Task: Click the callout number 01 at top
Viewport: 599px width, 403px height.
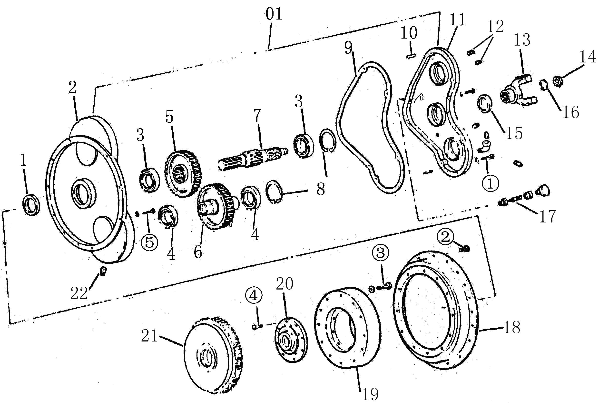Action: tap(274, 14)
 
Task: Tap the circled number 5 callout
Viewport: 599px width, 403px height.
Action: tap(149, 242)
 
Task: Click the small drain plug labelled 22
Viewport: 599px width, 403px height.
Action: tap(103, 271)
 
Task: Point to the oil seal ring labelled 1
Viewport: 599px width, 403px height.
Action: tap(32, 205)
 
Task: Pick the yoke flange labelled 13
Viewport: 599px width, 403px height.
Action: tap(518, 90)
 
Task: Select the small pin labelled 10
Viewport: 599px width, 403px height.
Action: tap(411, 56)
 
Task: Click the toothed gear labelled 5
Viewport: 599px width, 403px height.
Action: tap(183, 173)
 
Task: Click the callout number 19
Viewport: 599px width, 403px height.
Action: tap(370, 393)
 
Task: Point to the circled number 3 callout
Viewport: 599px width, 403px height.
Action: tap(380, 252)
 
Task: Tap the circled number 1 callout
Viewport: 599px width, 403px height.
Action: tap(490, 183)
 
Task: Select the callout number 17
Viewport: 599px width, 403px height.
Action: tap(547, 216)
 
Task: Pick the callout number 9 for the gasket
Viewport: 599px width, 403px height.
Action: tap(348, 48)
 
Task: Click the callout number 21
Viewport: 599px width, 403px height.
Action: tap(149, 336)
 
